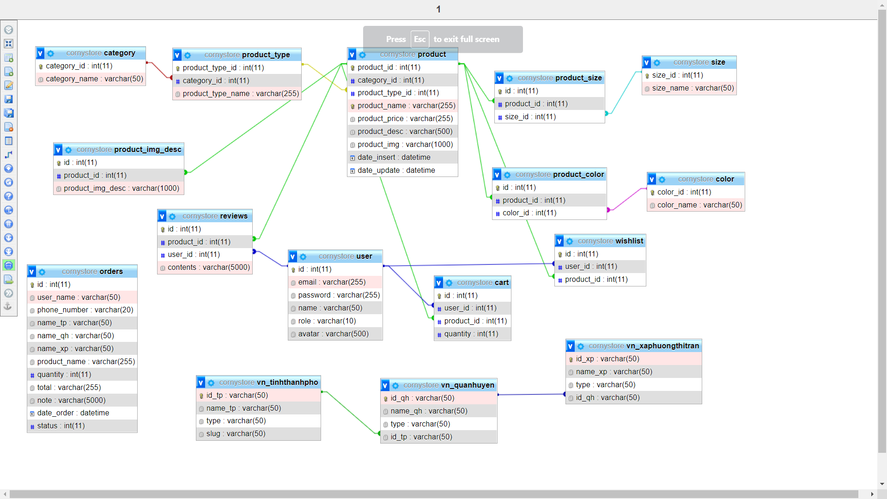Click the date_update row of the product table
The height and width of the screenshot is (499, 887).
pyautogui.click(x=396, y=170)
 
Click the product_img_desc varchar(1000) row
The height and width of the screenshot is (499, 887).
pyautogui.click(x=121, y=189)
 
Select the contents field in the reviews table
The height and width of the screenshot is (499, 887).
pyautogui.click(x=208, y=268)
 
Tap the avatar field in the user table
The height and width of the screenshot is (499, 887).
pyautogui.click(x=333, y=334)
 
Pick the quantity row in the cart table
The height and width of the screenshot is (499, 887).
pyautogui.click(x=471, y=334)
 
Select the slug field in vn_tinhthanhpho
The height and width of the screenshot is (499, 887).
pyautogui.click(x=236, y=434)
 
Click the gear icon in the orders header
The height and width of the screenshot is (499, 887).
pyautogui.click(x=42, y=272)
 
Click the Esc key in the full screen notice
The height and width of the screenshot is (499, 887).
pyautogui.click(x=419, y=39)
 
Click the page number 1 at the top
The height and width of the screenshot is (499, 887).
pyautogui.click(x=438, y=9)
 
